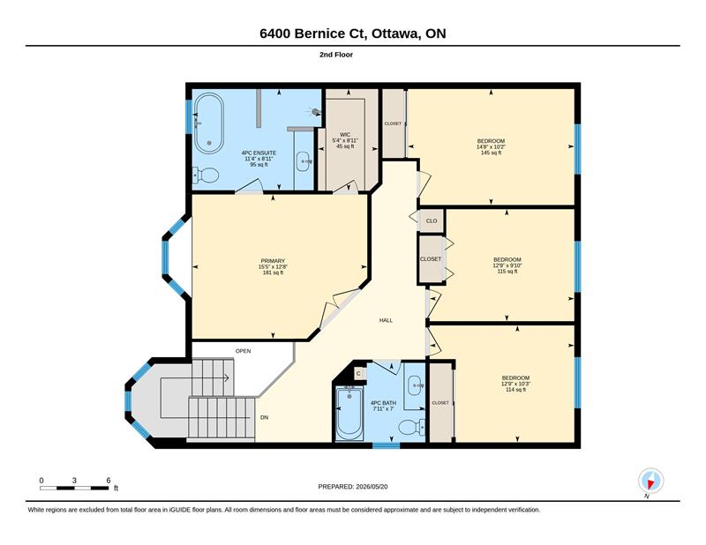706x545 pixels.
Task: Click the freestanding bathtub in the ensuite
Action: click(x=209, y=123)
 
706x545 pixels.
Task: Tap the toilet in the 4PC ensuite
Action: click(x=206, y=175)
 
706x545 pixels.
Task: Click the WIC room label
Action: click(x=345, y=135)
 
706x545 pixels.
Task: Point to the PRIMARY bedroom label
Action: click(x=273, y=261)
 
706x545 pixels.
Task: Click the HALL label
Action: click(x=386, y=320)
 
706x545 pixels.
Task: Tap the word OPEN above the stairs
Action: click(x=244, y=351)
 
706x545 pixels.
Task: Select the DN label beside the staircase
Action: click(x=264, y=418)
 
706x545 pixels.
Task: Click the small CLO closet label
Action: click(x=432, y=221)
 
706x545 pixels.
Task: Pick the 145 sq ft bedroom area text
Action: click(x=491, y=153)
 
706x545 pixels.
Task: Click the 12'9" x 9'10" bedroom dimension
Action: click(x=507, y=265)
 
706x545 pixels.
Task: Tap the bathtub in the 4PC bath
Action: click(x=349, y=413)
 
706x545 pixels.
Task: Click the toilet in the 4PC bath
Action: click(x=411, y=427)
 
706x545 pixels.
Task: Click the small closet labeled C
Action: click(x=358, y=373)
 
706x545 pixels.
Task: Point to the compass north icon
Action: click(x=650, y=482)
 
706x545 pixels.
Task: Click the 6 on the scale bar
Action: click(x=109, y=481)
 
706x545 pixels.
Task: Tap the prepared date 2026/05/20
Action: click(x=372, y=487)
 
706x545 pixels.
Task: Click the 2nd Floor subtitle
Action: click(x=336, y=55)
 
